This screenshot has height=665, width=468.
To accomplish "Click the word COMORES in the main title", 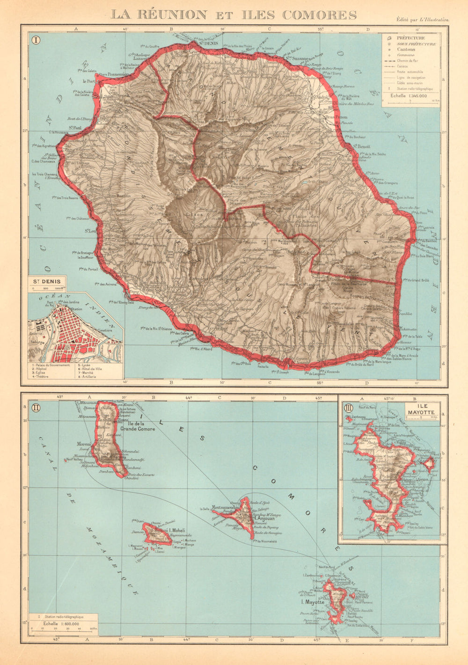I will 314,15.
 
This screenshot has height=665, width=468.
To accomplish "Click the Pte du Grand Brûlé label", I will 417,280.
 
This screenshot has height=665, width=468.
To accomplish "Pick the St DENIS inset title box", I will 46,282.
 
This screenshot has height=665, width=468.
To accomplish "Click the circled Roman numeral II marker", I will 35,407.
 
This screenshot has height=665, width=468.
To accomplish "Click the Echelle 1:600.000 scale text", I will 61,623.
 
